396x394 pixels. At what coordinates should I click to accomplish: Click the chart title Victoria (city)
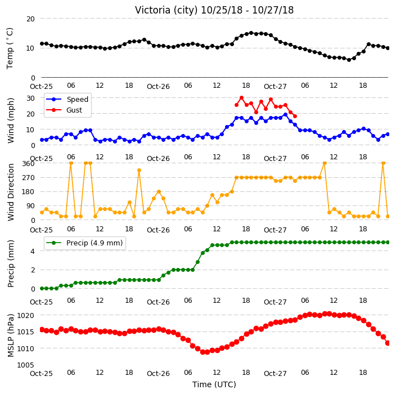[x=166, y=10]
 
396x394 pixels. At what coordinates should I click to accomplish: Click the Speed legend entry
[x=67, y=99]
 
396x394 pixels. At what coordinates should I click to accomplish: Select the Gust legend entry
[x=64, y=110]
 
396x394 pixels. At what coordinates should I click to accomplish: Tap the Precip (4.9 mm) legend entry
[x=84, y=243]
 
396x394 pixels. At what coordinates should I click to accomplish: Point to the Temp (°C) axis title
[x=10, y=48]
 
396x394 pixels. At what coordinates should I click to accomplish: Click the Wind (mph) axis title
[x=10, y=120]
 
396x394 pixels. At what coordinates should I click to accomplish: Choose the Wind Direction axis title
[x=10, y=192]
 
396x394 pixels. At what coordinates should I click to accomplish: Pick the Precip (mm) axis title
[x=10, y=263]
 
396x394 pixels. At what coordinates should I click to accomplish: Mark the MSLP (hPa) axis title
[x=10, y=335]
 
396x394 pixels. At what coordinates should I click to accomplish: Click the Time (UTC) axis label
[x=214, y=384]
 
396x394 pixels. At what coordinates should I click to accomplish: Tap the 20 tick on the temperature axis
[x=30, y=19]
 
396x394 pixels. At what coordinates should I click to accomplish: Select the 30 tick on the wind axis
[x=30, y=98]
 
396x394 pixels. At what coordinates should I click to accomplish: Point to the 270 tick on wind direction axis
[x=28, y=178]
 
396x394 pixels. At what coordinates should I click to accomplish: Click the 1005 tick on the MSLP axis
[x=26, y=365]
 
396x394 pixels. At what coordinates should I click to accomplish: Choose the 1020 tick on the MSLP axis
[x=26, y=315]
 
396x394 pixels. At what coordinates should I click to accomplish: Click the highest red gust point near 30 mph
[x=241, y=98]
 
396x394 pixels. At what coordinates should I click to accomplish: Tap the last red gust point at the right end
[x=295, y=117]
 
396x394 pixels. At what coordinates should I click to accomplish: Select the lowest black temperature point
[x=349, y=60]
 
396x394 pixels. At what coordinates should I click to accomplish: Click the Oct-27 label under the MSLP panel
[x=275, y=374]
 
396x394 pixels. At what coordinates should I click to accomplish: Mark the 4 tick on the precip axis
[x=33, y=251]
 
